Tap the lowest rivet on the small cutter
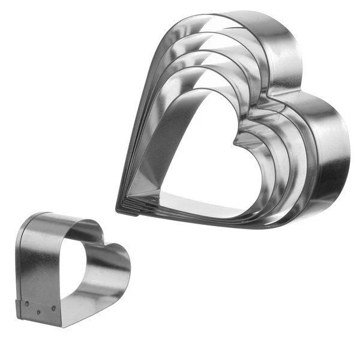click(x=38, y=312)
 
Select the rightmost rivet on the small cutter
click(x=53, y=308)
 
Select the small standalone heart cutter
click(x=66, y=270)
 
